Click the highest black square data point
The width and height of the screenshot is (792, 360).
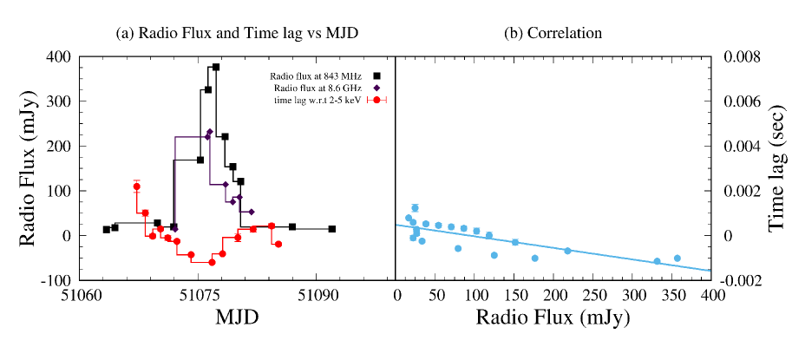click(216, 67)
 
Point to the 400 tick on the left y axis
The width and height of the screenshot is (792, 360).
click(62, 56)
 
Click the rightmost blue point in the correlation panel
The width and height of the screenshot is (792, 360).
click(677, 259)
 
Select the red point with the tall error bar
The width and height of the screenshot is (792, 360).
click(136, 187)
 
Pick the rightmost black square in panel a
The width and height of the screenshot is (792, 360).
click(332, 229)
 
